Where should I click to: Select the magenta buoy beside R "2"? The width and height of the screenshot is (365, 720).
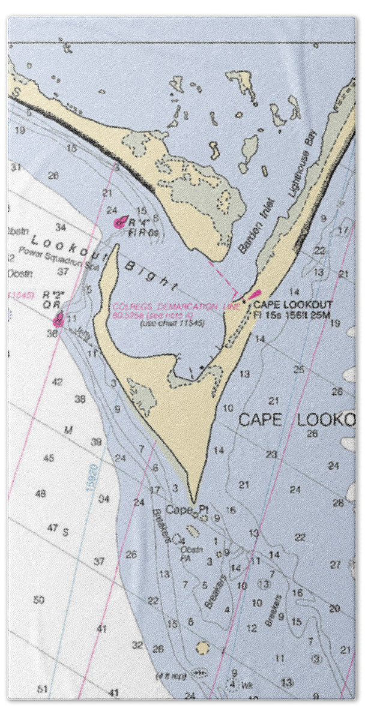pos(59,319)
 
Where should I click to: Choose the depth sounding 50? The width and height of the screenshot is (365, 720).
pos(39,599)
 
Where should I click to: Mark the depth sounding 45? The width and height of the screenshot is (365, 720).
pos(49,458)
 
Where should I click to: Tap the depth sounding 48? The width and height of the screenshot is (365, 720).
pos(41,493)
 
